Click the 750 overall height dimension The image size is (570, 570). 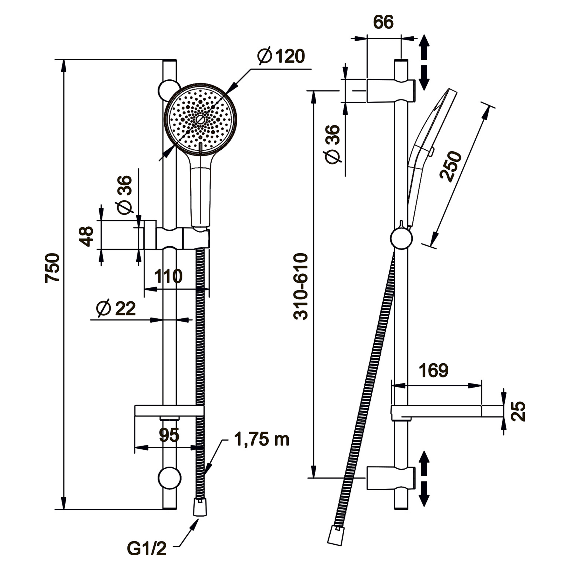pyautogui.click(x=53, y=267)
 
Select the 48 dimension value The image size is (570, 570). pyautogui.click(x=86, y=236)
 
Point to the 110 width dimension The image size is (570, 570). pyautogui.click(x=168, y=277)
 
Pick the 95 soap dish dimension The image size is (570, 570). pyautogui.click(x=169, y=435)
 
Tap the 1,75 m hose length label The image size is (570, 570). pyautogui.click(x=262, y=440)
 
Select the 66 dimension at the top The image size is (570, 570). pyautogui.click(x=383, y=22)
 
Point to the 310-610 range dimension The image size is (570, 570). pyautogui.click(x=301, y=286)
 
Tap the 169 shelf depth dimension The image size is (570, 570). pyautogui.click(x=433, y=371)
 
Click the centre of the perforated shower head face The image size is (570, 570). pyautogui.click(x=200, y=119)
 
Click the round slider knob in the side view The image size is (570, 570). pyautogui.click(x=401, y=238)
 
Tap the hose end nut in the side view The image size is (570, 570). pyautogui.click(x=336, y=534)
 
